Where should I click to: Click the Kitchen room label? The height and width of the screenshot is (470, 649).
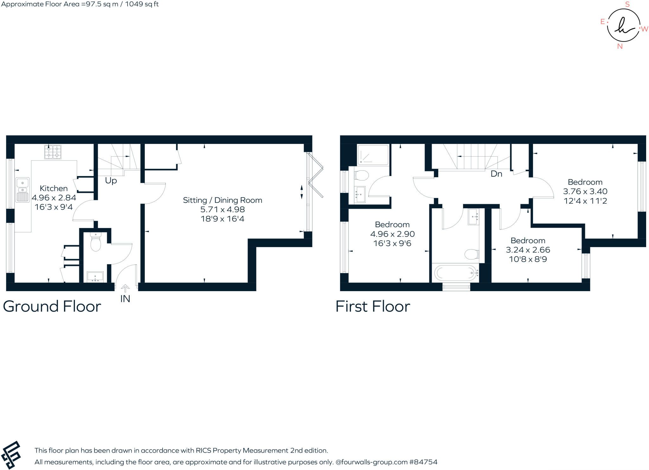click(x=54, y=188)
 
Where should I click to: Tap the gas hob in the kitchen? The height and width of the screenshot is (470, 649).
click(x=53, y=152)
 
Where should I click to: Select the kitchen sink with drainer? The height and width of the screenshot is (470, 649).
click(x=22, y=190)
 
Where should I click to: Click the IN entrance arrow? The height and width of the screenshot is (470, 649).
click(x=125, y=289)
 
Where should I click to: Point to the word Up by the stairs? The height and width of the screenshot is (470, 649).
click(x=111, y=180)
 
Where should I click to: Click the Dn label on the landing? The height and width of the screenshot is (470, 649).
click(x=496, y=174)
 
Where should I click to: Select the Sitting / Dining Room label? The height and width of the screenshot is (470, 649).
click(x=222, y=200)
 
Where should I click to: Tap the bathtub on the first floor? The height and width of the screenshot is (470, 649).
click(x=456, y=273)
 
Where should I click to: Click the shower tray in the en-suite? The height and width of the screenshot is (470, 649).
click(x=373, y=155)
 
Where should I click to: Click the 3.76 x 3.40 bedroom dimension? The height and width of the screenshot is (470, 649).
click(x=585, y=191)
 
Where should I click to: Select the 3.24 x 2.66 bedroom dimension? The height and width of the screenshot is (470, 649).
click(x=528, y=250)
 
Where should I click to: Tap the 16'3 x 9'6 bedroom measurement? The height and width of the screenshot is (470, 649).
click(x=392, y=243)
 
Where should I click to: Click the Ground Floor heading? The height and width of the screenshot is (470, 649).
click(x=52, y=306)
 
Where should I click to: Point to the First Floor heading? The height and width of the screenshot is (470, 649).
click(x=373, y=306)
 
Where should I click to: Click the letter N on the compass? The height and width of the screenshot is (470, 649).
click(x=620, y=46)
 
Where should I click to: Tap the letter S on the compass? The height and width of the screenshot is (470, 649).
click(x=627, y=4)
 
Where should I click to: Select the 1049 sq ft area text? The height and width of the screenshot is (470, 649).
click(x=142, y=4)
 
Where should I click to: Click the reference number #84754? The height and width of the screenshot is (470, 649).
click(x=423, y=462)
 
